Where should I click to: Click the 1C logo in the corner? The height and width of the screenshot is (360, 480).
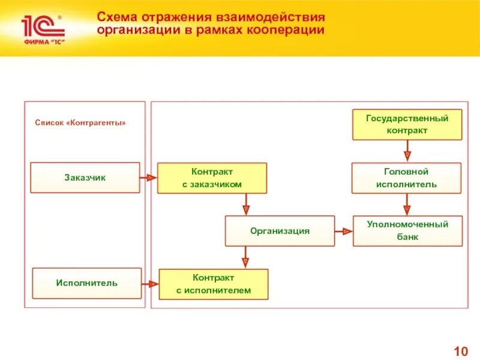point(41,28)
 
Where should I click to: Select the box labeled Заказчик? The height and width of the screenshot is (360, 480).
point(85,178)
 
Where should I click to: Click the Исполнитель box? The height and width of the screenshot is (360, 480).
point(86,283)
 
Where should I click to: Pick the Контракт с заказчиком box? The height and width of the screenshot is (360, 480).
point(212,178)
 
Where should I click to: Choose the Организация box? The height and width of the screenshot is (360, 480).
point(280,231)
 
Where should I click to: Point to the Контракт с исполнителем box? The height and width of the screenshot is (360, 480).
point(213,284)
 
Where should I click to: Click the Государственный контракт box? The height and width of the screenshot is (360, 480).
point(407,124)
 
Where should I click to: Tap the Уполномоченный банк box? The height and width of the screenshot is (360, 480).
point(407,231)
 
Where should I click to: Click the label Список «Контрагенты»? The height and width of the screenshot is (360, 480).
point(80,123)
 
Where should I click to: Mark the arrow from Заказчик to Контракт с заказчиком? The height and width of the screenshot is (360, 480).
point(148,178)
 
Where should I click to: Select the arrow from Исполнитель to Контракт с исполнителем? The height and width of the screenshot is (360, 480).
point(150,284)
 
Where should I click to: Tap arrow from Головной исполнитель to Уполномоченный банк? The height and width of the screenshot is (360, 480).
point(407,205)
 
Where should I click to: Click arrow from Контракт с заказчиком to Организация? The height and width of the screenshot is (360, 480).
point(245,205)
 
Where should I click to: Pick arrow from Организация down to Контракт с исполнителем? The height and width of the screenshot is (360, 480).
point(245,257)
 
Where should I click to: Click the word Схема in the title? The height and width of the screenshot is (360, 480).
point(116,16)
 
